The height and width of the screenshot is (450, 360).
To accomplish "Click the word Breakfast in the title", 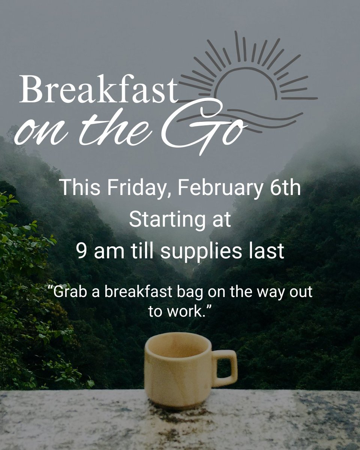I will click(98, 90).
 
